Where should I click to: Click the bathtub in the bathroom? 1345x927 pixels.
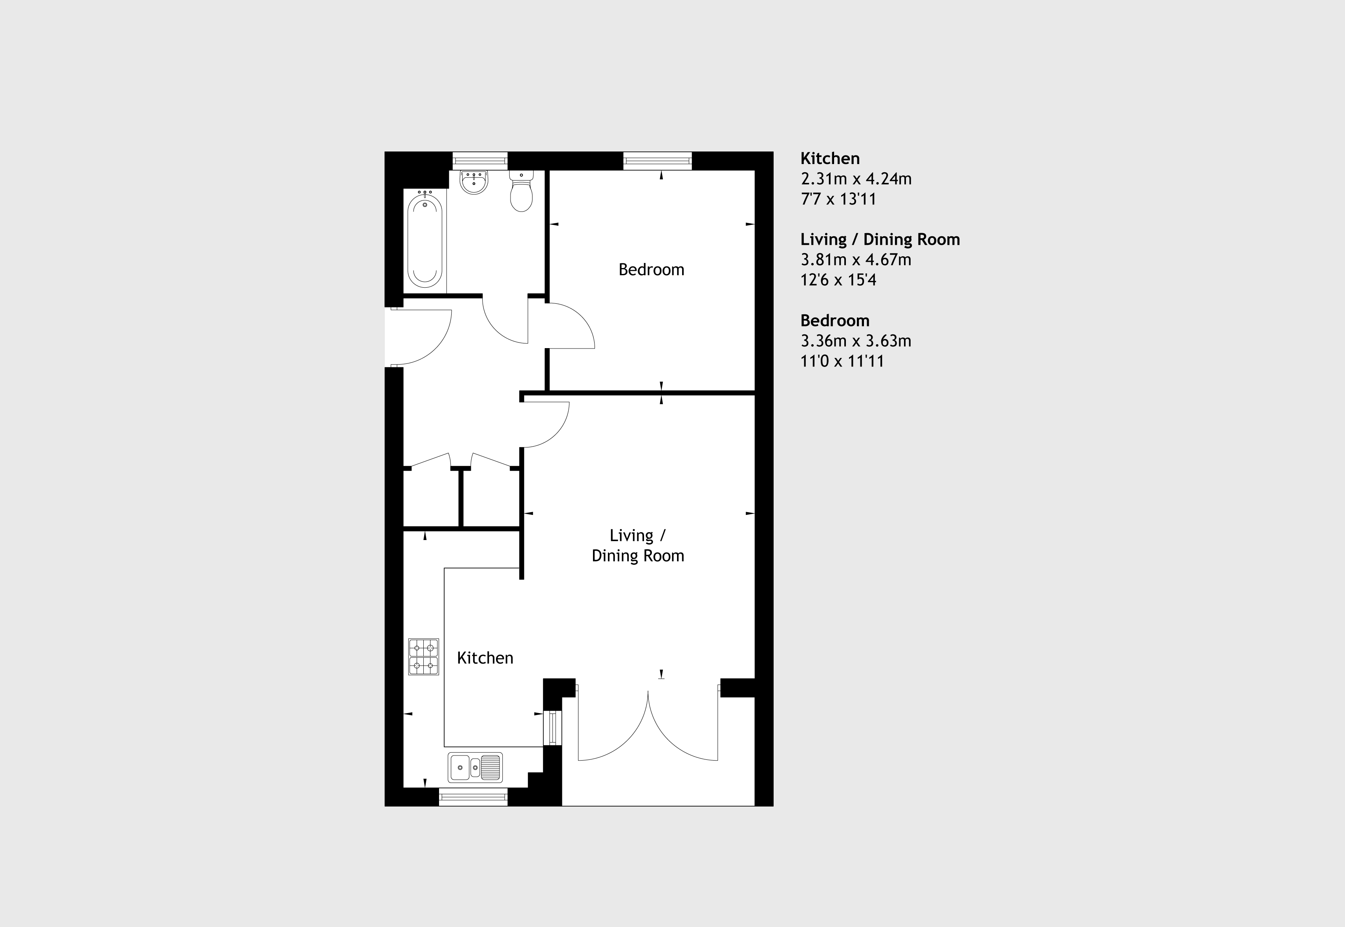pyautogui.click(x=425, y=241)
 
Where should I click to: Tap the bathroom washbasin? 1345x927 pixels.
pyautogui.click(x=474, y=182)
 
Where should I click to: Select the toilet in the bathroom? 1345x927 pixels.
pyautogui.click(x=522, y=190)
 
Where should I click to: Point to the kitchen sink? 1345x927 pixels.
pyautogui.click(x=475, y=767)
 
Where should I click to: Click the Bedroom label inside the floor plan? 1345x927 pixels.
pyautogui.click(x=651, y=270)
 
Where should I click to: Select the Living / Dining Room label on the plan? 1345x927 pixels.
pyautogui.click(x=638, y=546)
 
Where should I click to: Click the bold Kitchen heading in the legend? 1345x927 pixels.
pyautogui.click(x=829, y=158)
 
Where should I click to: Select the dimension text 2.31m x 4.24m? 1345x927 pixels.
pyautogui.click(x=856, y=178)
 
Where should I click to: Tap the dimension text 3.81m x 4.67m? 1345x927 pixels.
pyautogui.click(x=856, y=260)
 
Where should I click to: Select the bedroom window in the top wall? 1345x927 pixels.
pyautogui.click(x=657, y=161)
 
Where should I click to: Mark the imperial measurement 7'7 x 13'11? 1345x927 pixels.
pyautogui.click(x=838, y=199)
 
